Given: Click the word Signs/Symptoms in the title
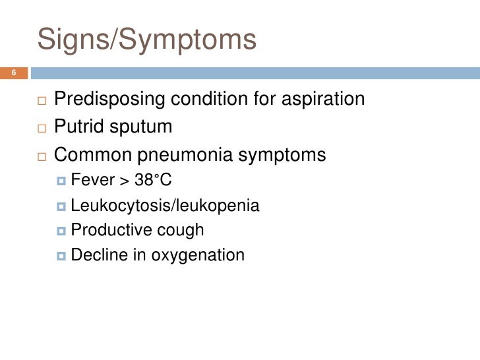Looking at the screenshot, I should click(146, 40).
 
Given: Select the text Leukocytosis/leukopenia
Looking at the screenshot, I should click(164, 205).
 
